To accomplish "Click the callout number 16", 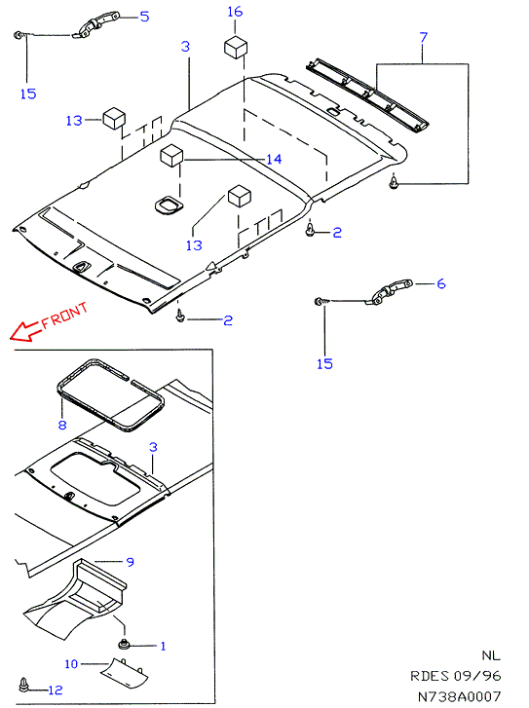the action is pos(235,12).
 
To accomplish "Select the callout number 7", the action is pos(423,37).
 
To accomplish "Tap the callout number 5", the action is pos(144,17).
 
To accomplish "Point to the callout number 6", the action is pos(441,283).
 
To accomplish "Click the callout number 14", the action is pos(274,159).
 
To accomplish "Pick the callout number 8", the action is pos(62,425).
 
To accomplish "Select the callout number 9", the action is pos(131,562).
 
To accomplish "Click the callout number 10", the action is pos(71,664).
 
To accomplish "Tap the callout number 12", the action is pos(56,689).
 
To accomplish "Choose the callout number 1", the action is pos(163,646).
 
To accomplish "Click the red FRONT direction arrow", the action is pos(25,331).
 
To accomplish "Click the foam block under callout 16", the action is pos(236,48).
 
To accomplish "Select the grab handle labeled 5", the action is pos(98,25).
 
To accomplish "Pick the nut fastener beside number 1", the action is pos(123,645).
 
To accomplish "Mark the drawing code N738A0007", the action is pos(459,696).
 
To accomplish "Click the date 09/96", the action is pos(477,676).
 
